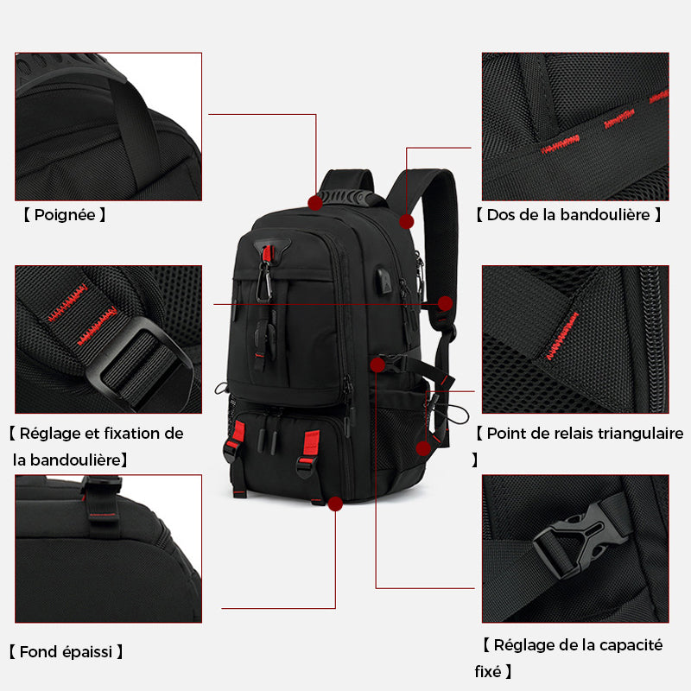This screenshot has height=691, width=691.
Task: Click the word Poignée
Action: (65, 215)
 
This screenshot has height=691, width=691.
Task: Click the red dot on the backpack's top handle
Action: (315, 202)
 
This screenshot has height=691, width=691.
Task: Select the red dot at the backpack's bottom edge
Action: (335, 503)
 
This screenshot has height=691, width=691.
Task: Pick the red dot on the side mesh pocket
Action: (423, 447)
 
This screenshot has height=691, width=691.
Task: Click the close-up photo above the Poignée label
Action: (108, 126)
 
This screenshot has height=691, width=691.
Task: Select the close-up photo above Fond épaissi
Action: (108, 548)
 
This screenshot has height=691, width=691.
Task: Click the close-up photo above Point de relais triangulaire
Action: (575, 339)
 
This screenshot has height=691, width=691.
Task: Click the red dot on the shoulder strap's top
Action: (406, 221)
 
